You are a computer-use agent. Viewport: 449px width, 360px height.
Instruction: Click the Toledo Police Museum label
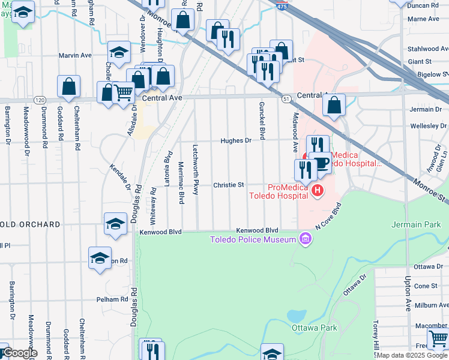(253, 240)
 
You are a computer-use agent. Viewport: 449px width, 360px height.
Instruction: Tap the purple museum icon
(305, 240)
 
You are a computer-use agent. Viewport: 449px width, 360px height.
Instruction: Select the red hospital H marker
(318, 191)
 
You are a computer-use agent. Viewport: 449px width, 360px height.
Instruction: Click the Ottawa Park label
(315, 328)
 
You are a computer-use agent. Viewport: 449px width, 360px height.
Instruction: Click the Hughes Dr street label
(235, 140)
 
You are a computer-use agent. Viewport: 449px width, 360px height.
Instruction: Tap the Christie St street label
(228, 185)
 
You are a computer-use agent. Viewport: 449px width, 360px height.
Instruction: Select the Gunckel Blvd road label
(262, 121)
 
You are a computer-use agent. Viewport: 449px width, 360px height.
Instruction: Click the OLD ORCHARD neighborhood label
(31, 224)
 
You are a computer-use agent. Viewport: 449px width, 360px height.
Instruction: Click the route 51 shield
(287, 98)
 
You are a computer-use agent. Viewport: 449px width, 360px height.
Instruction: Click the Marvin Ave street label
(75, 55)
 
